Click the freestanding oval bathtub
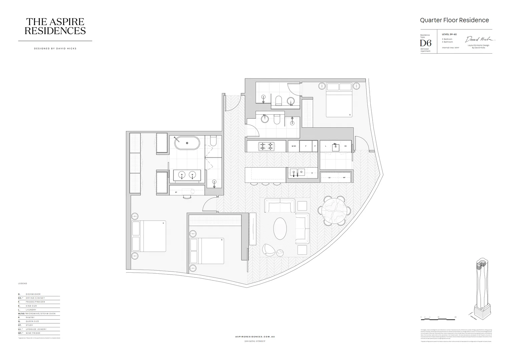(187, 143)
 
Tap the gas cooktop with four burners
(267, 146)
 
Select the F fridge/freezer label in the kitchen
(306, 146)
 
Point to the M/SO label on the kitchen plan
(293, 146)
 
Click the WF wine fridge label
(344, 178)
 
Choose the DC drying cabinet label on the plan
(346, 146)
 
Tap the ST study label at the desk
(176, 192)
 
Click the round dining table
(334, 210)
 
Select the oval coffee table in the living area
(280, 229)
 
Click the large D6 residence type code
(425, 43)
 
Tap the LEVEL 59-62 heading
(449, 34)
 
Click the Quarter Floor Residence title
(454, 20)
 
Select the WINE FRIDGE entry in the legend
(33, 333)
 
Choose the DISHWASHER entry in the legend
(33, 294)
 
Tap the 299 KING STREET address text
(255, 341)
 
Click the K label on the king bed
(163, 223)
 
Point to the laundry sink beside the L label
(335, 147)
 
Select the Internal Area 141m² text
(450, 48)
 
